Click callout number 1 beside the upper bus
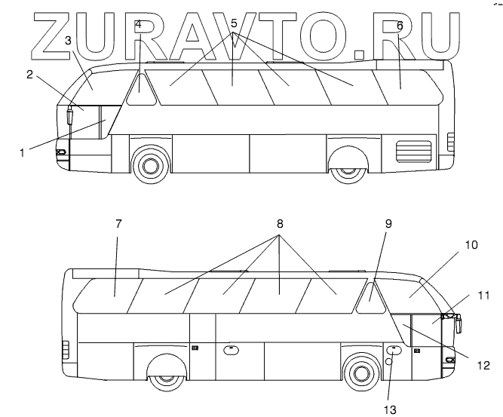(x=22, y=152)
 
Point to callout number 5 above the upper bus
(x=234, y=24)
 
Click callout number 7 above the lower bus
(x=118, y=224)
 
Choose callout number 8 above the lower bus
(x=281, y=224)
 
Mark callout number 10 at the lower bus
(x=471, y=246)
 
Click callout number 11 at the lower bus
(x=483, y=295)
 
